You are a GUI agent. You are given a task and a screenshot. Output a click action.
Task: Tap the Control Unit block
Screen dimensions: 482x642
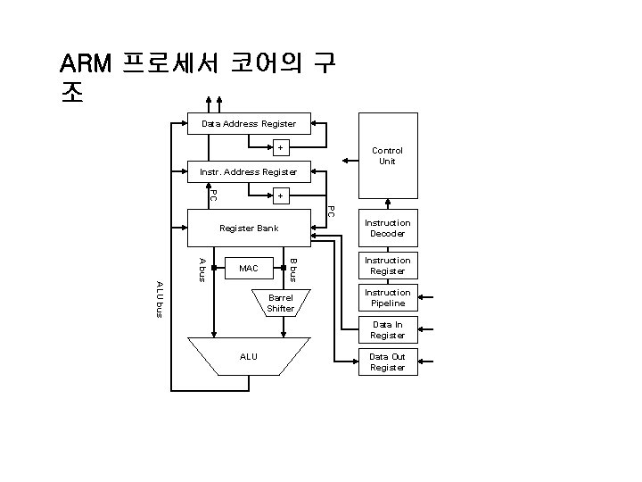(x=387, y=156)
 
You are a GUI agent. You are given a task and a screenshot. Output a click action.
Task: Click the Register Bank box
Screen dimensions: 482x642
(x=249, y=229)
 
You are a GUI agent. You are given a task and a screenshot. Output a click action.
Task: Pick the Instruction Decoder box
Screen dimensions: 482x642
(x=387, y=229)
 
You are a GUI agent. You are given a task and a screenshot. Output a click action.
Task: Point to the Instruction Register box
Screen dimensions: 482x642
(x=387, y=265)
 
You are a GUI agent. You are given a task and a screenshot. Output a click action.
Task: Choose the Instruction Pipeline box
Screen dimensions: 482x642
(x=387, y=298)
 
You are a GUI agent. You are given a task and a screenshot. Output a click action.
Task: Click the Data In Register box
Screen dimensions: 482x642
(x=387, y=330)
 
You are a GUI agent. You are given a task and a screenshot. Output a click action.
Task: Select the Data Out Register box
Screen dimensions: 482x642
(x=387, y=361)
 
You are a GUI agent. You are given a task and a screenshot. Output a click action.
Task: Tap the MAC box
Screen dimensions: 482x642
(x=249, y=268)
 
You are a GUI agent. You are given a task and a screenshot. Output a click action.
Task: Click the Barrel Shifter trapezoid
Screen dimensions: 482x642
(x=280, y=303)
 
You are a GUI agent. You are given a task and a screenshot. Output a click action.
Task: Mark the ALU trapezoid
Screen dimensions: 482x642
(x=249, y=356)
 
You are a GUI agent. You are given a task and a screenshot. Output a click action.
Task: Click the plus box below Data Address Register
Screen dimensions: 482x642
(x=280, y=147)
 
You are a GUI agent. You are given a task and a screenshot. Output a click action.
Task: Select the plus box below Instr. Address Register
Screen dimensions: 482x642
(x=280, y=195)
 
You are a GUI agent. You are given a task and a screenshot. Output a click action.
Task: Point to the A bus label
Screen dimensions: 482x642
(x=203, y=268)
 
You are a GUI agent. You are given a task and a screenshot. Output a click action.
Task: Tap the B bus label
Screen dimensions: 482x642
(x=293, y=268)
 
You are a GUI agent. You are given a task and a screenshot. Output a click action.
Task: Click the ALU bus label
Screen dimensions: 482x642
(x=160, y=298)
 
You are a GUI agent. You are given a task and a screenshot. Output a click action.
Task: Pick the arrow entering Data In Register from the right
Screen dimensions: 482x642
(x=427, y=330)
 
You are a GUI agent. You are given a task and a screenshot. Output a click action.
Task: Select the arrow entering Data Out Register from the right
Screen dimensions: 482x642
(x=427, y=361)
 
